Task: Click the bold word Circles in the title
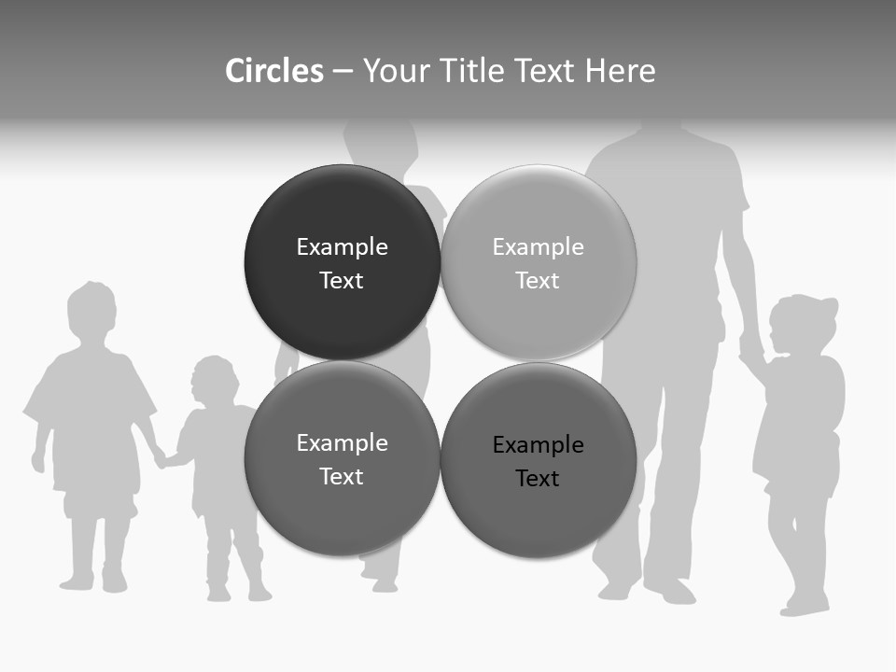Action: click(x=273, y=71)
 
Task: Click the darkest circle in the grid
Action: click(x=342, y=262)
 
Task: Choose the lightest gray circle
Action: click(x=539, y=262)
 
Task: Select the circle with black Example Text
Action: click(x=539, y=460)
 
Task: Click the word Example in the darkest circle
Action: click(x=342, y=247)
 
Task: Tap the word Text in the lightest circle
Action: click(x=538, y=280)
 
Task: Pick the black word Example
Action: click(x=538, y=445)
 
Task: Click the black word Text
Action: click(x=538, y=478)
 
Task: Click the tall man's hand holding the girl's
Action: click(x=751, y=353)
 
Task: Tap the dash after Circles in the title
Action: click(x=343, y=71)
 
